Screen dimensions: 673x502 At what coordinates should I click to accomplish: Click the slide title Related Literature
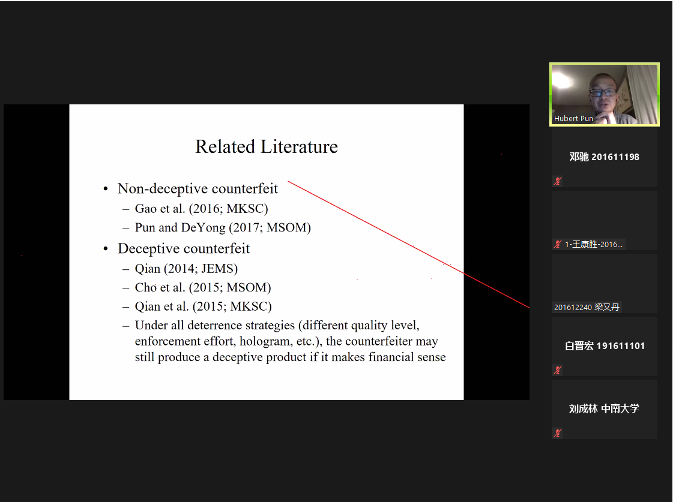point(267,146)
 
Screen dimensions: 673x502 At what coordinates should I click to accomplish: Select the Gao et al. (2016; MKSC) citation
point(201,209)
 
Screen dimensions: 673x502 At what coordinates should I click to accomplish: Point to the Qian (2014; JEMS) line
point(186,269)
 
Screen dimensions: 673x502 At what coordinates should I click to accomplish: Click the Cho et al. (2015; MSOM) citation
point(203,288)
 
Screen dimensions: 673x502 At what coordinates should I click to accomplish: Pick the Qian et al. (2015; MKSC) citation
point(204,306)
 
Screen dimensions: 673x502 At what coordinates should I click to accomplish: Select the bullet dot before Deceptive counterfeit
point(106,249)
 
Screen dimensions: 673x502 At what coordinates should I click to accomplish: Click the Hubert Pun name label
point(573,118)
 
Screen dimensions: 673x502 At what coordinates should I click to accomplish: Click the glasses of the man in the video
point(603,92)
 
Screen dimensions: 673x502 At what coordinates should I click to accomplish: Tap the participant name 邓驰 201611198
point(605,157)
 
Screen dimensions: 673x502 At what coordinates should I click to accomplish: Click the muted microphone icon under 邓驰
point(558,181)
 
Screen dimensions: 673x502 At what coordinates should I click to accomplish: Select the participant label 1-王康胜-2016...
point(594,244)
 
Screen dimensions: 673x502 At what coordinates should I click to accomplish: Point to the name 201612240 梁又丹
point(587,307)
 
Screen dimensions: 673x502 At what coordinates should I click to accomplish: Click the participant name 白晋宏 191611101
point(605,346)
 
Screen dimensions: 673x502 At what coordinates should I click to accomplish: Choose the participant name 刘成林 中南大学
point(604,408)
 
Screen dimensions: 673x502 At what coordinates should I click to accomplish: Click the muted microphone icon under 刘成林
point(558,432)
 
